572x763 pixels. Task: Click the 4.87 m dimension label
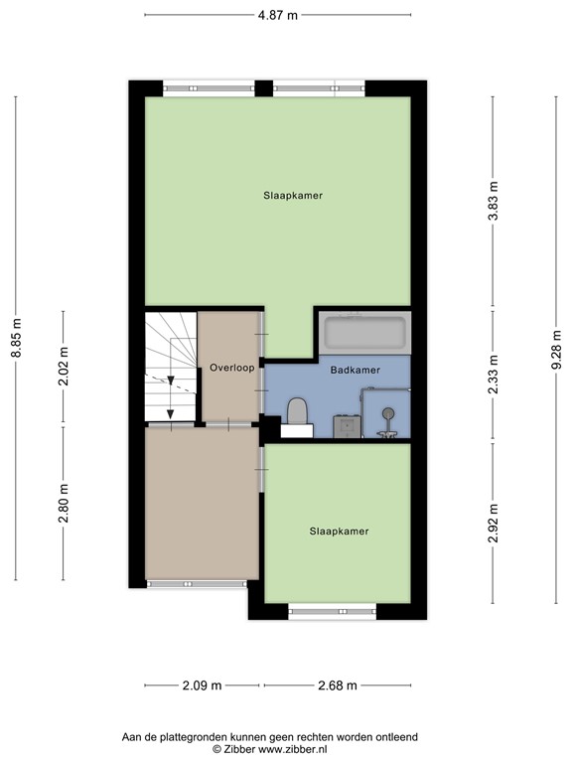278,15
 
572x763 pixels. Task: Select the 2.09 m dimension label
202,686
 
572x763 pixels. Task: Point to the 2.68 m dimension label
337,686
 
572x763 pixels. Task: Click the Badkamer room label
355,370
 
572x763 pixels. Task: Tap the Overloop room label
232,368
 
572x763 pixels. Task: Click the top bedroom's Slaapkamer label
293,196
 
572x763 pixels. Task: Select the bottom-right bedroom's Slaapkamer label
339,532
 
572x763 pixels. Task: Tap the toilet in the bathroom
296,412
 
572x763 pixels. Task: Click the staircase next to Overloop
170,368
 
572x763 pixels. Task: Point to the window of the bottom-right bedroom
332,610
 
